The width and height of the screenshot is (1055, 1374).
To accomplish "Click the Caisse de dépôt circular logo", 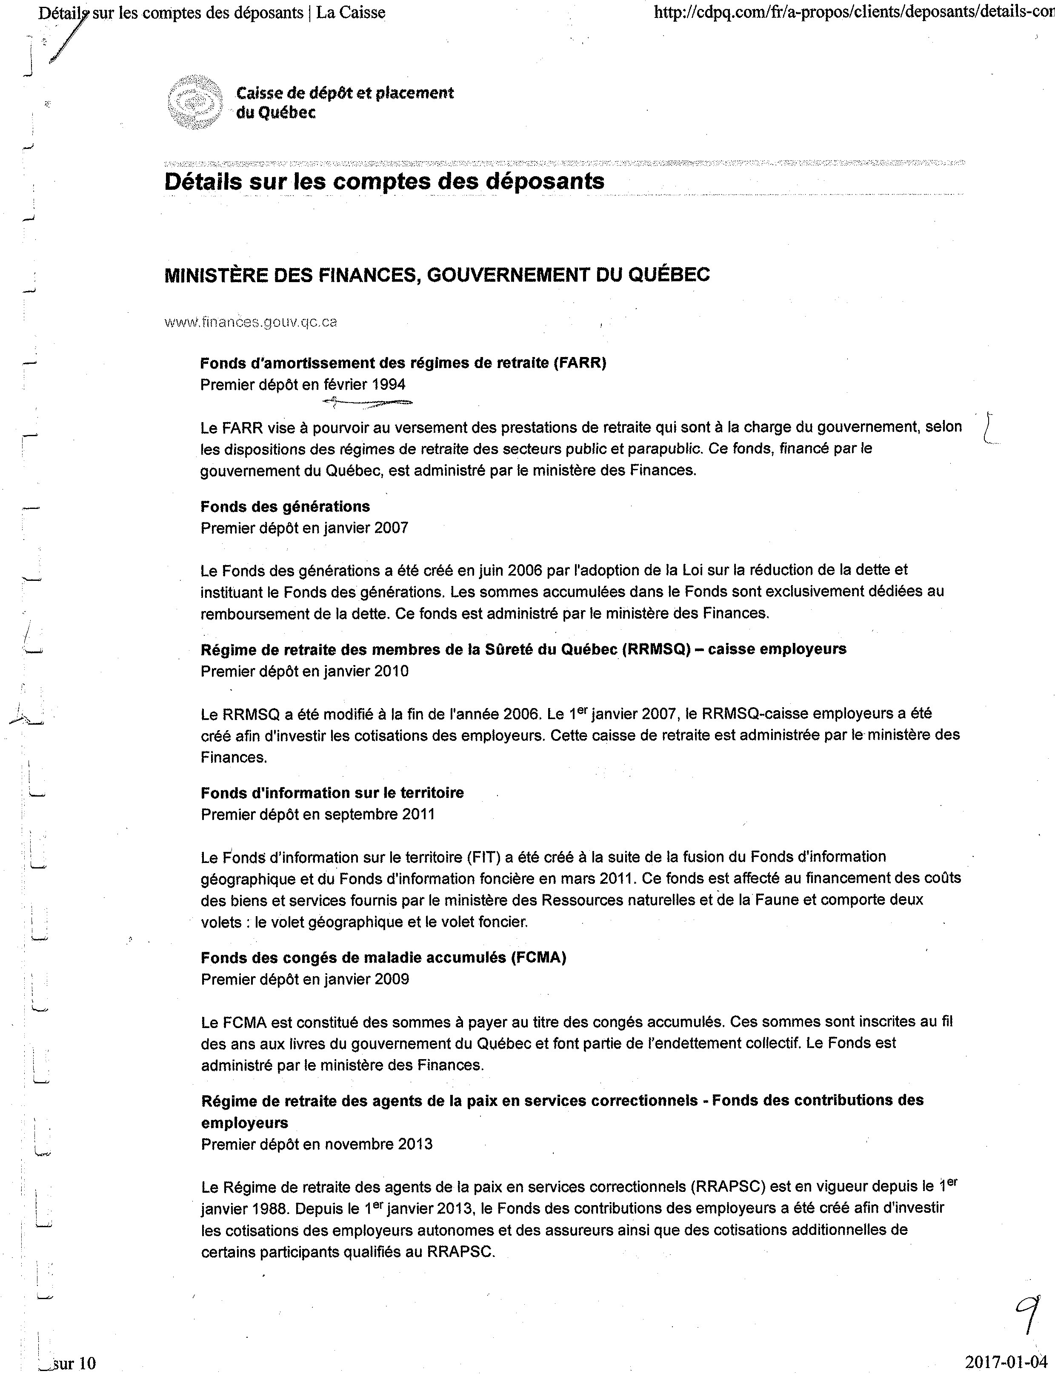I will (195, 103).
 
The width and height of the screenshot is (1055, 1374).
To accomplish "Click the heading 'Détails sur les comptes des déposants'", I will (384, 181).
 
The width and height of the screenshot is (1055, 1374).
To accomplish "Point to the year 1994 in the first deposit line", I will (388, 384).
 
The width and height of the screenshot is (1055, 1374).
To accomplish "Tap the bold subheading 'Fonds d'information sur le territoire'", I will (332, 792).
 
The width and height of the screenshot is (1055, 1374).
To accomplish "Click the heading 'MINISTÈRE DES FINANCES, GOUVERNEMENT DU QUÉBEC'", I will (437, 275).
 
